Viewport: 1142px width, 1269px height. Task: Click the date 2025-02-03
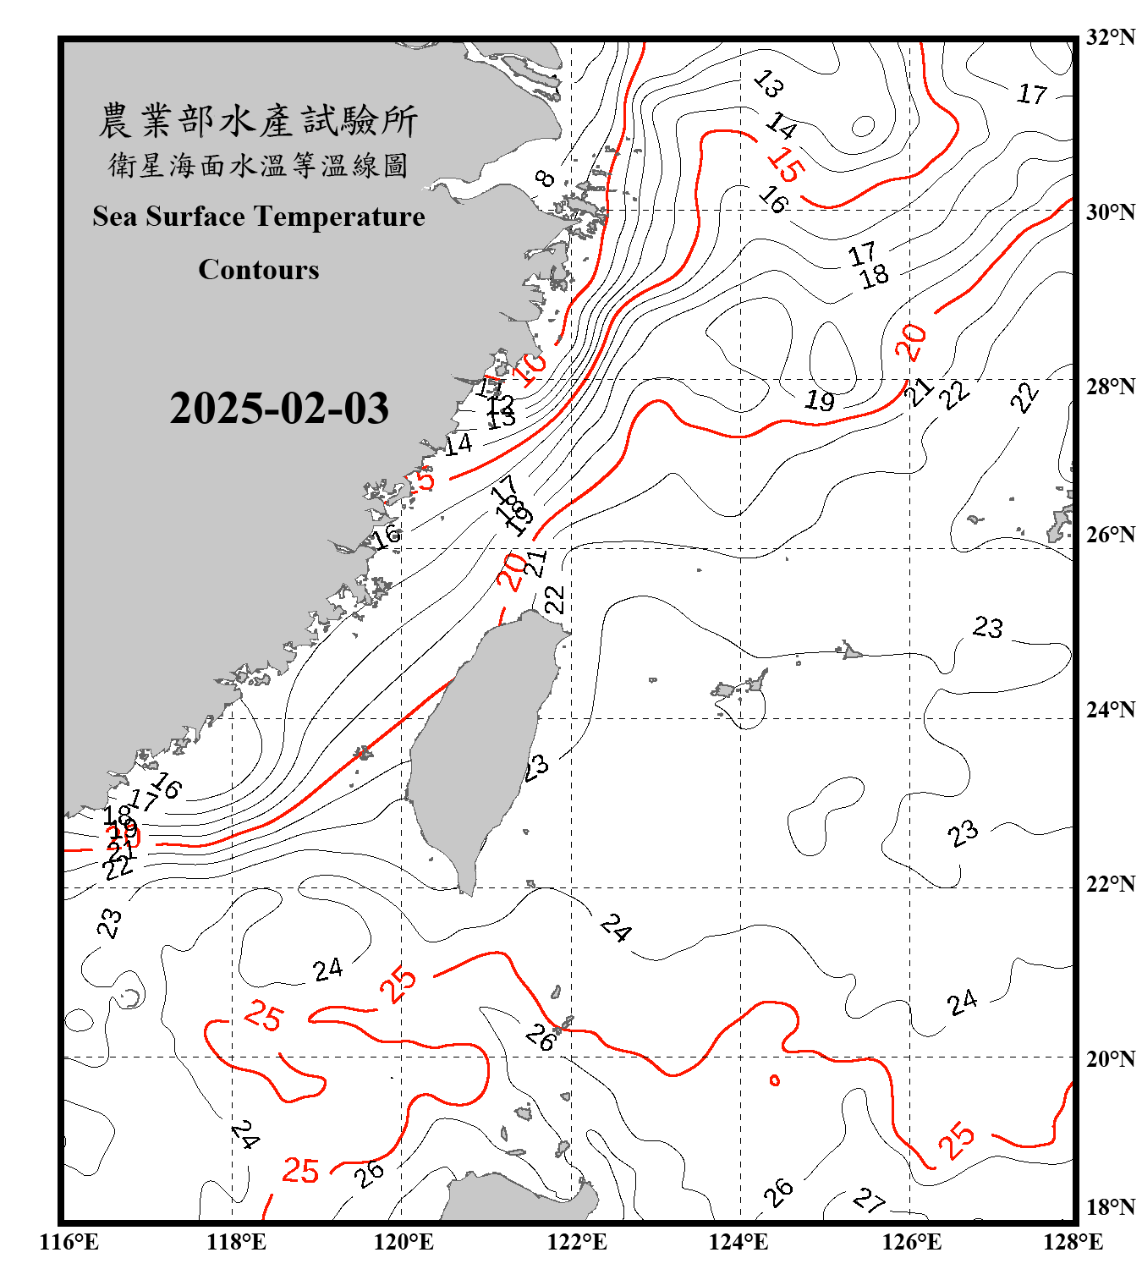(x=279, y=409)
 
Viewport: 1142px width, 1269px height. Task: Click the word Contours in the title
(x=259, y=270)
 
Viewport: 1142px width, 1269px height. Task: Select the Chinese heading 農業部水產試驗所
(x=258, y=121)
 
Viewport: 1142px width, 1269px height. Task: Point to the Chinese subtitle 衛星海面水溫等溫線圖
(x=258, y=165)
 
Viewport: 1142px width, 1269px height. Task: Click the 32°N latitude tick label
(x=1111, y=37)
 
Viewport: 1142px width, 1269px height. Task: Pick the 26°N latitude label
(x=1111, y=535)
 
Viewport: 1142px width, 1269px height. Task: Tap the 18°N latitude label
(x=1111, y=1207)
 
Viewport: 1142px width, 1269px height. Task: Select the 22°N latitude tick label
(x=1111, y=884)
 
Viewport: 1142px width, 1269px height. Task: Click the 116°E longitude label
(x=69, y=1242)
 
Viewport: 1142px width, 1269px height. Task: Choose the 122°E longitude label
(x=577, y=1242)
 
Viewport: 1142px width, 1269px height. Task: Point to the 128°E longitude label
(x=1073, y=1242)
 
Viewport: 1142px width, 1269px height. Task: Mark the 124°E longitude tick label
(x=738, y=1242)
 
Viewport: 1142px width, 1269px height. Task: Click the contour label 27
(x=869, y=1199)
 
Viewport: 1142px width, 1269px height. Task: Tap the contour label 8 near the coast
(x=546, y=178)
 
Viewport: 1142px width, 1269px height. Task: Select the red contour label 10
(x=533, y=369)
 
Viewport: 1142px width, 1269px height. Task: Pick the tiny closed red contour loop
(x=774, y=1080)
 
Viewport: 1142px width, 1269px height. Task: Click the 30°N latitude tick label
(x=1111, y=212)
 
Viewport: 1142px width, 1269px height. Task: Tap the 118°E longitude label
(x=236, y=1242)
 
